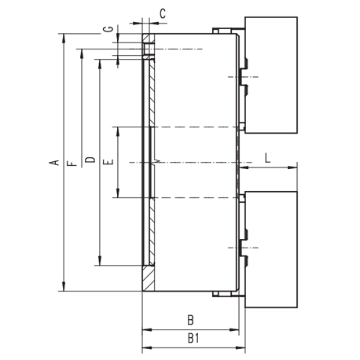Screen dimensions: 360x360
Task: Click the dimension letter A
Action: (x=53, y=163)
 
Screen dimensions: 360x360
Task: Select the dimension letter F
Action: (x=72, y=163)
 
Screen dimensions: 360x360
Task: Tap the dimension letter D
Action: (x=90, y=160)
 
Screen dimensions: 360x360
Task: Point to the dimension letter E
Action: (x=108, y=162)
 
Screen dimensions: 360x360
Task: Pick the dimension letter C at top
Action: (x=163, y=13)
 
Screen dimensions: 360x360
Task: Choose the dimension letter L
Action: (x=267, y=158)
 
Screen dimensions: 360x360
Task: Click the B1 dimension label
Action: (x=193, y=338)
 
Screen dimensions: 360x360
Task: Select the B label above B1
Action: (x=191, y=320)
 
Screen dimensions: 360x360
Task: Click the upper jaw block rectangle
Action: (x=271, y=75)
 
